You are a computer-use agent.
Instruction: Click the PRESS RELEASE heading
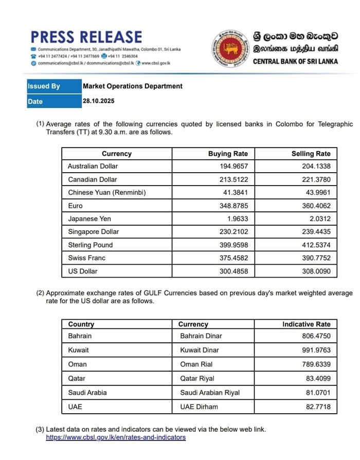(86, 37)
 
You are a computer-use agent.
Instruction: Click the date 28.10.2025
(99, 101)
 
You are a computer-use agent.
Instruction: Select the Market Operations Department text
(133, 86)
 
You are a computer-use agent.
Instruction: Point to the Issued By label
(44, 86)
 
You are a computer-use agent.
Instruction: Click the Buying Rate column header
(228, 154)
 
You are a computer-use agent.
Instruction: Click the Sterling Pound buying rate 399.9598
(233, 245)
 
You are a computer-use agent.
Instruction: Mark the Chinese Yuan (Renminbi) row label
(107, 193)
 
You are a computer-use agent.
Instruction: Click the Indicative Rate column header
(307, 324)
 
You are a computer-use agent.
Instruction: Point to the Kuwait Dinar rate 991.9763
(316, 350)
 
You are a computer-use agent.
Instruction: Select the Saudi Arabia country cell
(87, 393)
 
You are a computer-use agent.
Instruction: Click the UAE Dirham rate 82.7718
(318, 407)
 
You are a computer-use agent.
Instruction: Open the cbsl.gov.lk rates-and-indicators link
(116, 438)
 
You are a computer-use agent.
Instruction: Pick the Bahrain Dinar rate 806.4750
(316, 336)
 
